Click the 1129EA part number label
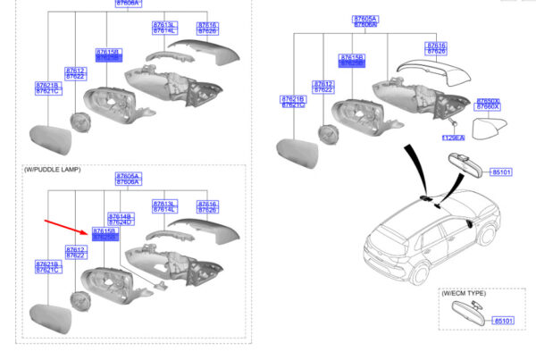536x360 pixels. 455,138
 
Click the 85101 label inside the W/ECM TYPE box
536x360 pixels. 505,320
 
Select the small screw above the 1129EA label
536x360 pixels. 455,123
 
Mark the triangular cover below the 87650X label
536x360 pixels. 489,129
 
